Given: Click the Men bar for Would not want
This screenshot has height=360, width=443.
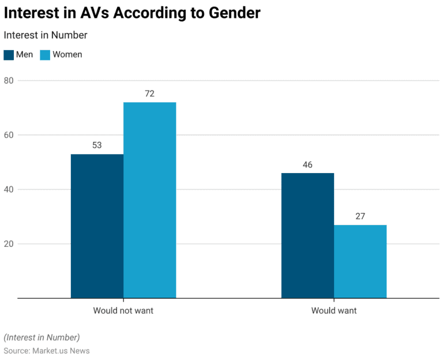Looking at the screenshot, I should click(97, 226).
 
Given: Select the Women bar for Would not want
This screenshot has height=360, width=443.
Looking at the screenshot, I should click(149, 200).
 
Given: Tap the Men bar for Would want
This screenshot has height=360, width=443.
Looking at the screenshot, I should click(307, 235).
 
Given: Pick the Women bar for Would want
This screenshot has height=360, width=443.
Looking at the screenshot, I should click(360, 261).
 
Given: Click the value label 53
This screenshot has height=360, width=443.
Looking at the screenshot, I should click(97, 145).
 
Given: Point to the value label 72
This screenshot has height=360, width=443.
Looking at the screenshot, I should click(149, 93).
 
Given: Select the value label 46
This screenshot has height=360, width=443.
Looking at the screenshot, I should click(307, 164).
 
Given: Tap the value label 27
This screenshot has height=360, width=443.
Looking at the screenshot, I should click(360, 216).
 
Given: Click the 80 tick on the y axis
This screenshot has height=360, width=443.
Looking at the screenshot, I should click(9, 80).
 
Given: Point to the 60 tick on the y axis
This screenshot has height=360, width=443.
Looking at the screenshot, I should click(9, 135).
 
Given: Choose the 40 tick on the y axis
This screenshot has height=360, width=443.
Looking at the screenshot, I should click(9, 189).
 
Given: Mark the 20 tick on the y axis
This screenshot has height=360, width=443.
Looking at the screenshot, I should click(9, 243).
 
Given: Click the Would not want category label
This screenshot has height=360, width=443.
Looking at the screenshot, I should click(123, 310).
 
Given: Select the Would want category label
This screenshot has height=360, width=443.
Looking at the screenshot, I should click(334, 310).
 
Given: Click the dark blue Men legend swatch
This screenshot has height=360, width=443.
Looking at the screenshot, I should click(9, 55).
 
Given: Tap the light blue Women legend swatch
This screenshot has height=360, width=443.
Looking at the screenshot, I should click(45, 55).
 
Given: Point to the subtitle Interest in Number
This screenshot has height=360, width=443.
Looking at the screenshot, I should click(46, 35).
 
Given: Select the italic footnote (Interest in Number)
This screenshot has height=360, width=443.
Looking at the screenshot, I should click(42, 337).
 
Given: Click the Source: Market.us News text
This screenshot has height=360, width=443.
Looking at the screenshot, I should click(47, 351).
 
